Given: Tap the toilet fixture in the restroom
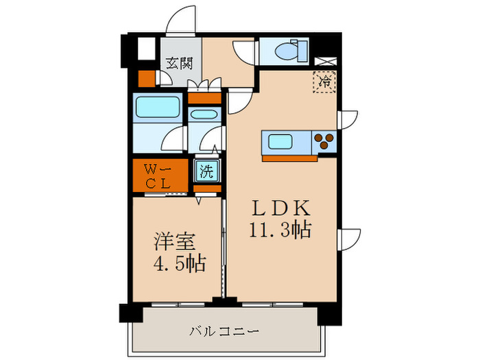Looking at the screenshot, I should click(291, 50).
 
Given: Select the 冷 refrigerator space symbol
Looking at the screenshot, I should click(324, 82).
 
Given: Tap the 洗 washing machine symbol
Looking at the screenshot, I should click(205, 171).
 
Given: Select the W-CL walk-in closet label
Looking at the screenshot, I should click(158, 176).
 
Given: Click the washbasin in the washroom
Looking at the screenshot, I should click(204, 115).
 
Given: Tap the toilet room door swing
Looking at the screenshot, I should click(244, 52).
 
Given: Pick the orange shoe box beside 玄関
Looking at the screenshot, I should click(147, 78).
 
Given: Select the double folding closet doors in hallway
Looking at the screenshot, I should click(206, 86).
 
